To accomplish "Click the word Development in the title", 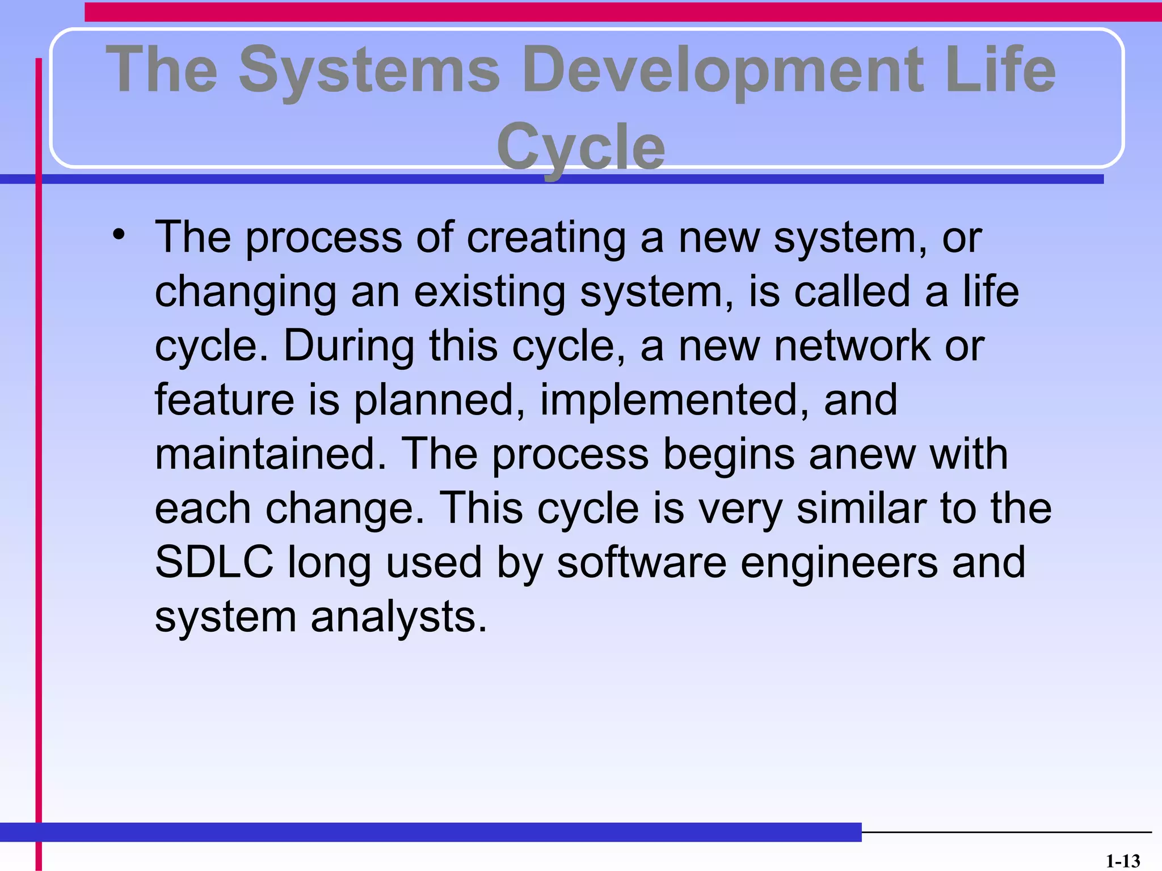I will click(722, 70).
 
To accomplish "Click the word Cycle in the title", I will click(580, 147).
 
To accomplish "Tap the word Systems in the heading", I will click(369, 70).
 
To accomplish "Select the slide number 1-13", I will click(1123, 861).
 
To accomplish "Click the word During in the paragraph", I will click(348, 345).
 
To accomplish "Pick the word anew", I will click(862, 454).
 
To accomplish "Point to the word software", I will click(641, 561).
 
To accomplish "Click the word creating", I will click(546, 237).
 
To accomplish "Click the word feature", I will click(224, 399).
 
